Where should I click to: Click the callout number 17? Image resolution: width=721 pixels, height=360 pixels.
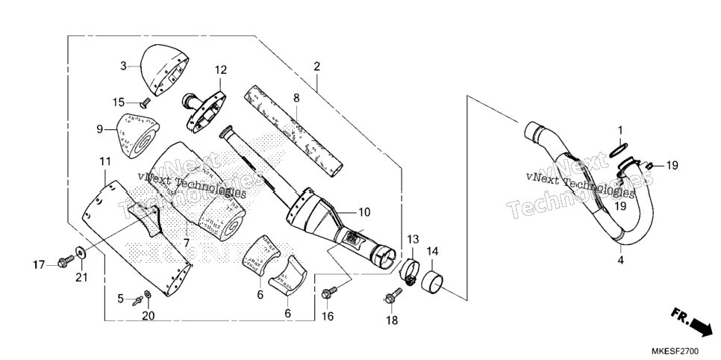tap(39, 264)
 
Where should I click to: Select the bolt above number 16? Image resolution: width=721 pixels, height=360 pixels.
tap(330, 292)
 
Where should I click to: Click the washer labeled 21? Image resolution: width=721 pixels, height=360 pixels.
tap(81, 252)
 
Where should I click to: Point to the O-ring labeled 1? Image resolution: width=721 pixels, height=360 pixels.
tap(619, 149)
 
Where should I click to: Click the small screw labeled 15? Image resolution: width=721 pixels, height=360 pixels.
tap(146, 100)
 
